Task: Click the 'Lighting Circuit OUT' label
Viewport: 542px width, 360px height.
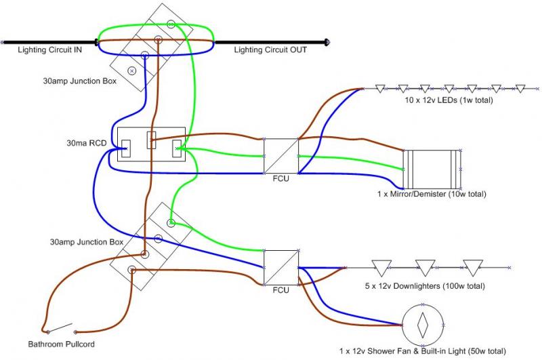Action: point(270,49)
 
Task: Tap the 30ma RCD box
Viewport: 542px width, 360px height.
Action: point(152,144)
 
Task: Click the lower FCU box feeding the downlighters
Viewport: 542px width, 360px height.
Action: point(280,266)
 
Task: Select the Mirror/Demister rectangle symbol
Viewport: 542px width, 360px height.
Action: point(432,169)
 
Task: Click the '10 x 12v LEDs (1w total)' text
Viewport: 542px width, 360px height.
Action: point(444,100)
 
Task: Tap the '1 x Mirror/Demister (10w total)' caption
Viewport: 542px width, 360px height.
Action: point(432,194)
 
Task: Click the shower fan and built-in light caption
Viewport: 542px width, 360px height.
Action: point(423,352)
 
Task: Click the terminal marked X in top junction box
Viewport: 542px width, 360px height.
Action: point(132,70)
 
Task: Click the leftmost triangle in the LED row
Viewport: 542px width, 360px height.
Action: point(380,88)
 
